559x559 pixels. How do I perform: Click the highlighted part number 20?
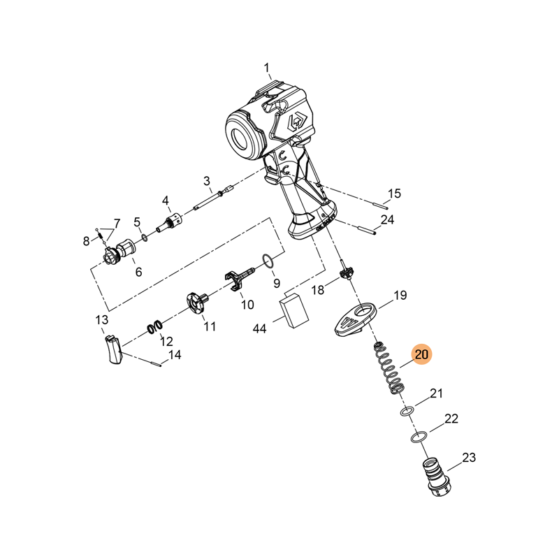(x=421, y=355)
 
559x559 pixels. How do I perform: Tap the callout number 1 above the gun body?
(x=266, y=68)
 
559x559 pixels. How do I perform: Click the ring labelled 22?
(x=417, y=437)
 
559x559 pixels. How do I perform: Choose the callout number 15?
(x=395, y=194)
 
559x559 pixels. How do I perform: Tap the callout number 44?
(x=260, y=328)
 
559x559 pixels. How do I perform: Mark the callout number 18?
(x=318, y=290)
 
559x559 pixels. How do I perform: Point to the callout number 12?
(x=166, y=342)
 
